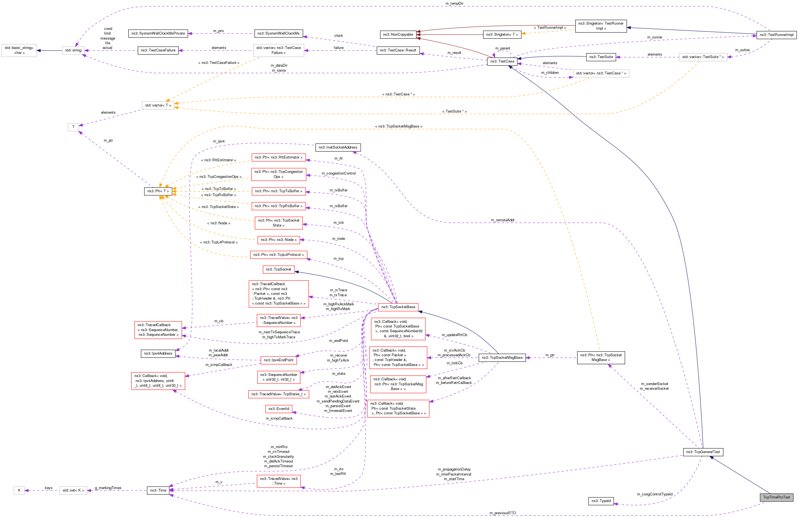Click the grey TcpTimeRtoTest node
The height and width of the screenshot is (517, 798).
(776, 497)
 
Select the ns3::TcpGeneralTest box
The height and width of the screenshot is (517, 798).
(703, 452)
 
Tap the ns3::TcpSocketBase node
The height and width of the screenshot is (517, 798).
(398, 307)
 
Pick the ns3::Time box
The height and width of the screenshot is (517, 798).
(158, 490)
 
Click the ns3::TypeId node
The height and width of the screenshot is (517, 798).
(601, 501)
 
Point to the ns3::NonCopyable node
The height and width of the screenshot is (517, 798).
(398, 35)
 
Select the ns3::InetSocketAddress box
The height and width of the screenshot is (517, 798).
(338, 147)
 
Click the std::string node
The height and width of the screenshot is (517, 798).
(73, 50)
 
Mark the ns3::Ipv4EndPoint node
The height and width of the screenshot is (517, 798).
(278, 360)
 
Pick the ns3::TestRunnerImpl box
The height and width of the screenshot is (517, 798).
(776, 35)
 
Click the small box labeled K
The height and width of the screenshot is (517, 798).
(19, 490)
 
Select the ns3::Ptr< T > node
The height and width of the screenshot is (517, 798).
(158, 191)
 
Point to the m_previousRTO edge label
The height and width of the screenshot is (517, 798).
(503, 513)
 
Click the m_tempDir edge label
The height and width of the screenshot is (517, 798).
(454, 3)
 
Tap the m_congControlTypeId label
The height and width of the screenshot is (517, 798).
(654, 494)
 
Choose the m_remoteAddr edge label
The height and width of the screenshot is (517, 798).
(503, 220)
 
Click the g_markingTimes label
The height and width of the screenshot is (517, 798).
(108, 488)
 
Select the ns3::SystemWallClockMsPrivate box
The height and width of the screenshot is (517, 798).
(158, 33)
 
